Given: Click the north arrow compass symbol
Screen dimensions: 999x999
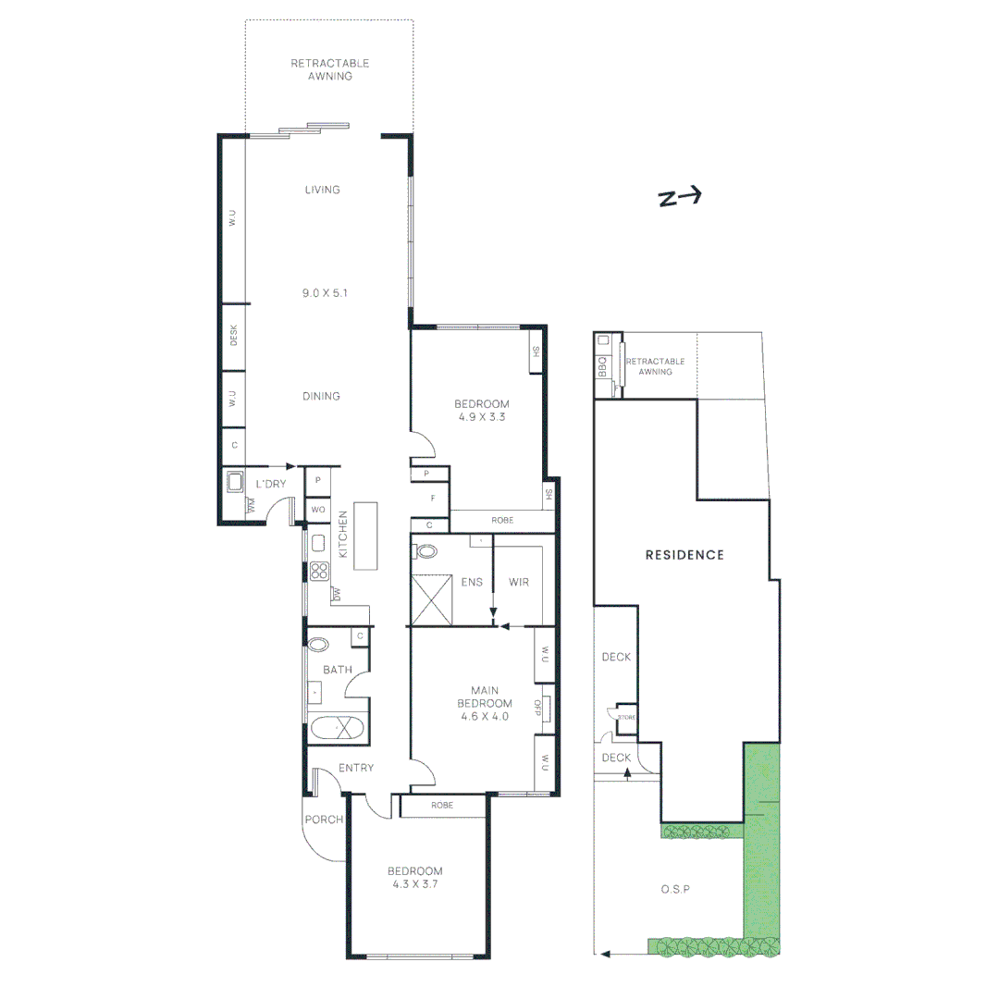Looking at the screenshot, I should tap(680, 197).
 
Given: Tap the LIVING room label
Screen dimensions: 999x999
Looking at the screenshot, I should tap(323, 190).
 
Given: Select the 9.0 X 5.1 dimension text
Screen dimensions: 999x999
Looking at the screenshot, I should tap(323, 292).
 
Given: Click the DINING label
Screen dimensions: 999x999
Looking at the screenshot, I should tap(323, 396).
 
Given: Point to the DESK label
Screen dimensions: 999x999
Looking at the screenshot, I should tap(233, 338).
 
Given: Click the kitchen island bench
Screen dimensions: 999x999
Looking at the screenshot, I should tap(367, 537).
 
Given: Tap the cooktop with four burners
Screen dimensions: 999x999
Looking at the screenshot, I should tap(320, 571).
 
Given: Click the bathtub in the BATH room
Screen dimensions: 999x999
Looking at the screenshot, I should tap(339, 728).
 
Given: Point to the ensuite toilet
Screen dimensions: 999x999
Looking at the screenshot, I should tap(426, 551).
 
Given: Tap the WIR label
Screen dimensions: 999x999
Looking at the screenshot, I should tap(520, 583).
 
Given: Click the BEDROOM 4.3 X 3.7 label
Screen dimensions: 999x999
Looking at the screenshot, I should tap(414, 877).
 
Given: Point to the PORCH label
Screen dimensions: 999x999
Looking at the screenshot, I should tap(325, 820).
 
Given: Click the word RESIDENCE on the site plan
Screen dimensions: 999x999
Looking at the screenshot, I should tap(684, 555).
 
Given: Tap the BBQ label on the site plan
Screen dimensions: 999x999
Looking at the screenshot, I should tap(602, 367).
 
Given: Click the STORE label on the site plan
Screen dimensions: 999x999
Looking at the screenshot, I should tap(626, 717).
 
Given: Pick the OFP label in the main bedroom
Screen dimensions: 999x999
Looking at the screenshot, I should tap(536, 708).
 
